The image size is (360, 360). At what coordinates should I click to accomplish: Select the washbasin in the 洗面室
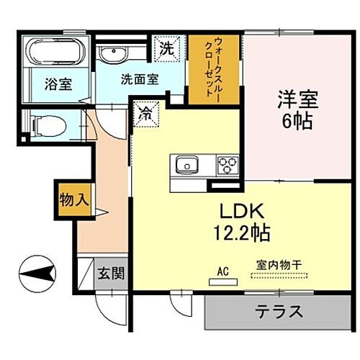click(113, 55)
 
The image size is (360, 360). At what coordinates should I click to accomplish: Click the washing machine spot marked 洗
click(167, 50)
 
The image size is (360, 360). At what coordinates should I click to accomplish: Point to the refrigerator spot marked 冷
click(145, 113)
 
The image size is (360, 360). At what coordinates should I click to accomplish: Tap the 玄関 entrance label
click(111, 273)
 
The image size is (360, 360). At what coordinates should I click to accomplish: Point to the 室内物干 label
click(277, 264)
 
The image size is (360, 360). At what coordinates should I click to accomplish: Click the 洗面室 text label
click(139, 78)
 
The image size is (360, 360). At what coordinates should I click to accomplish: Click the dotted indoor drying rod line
click(277, 275)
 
